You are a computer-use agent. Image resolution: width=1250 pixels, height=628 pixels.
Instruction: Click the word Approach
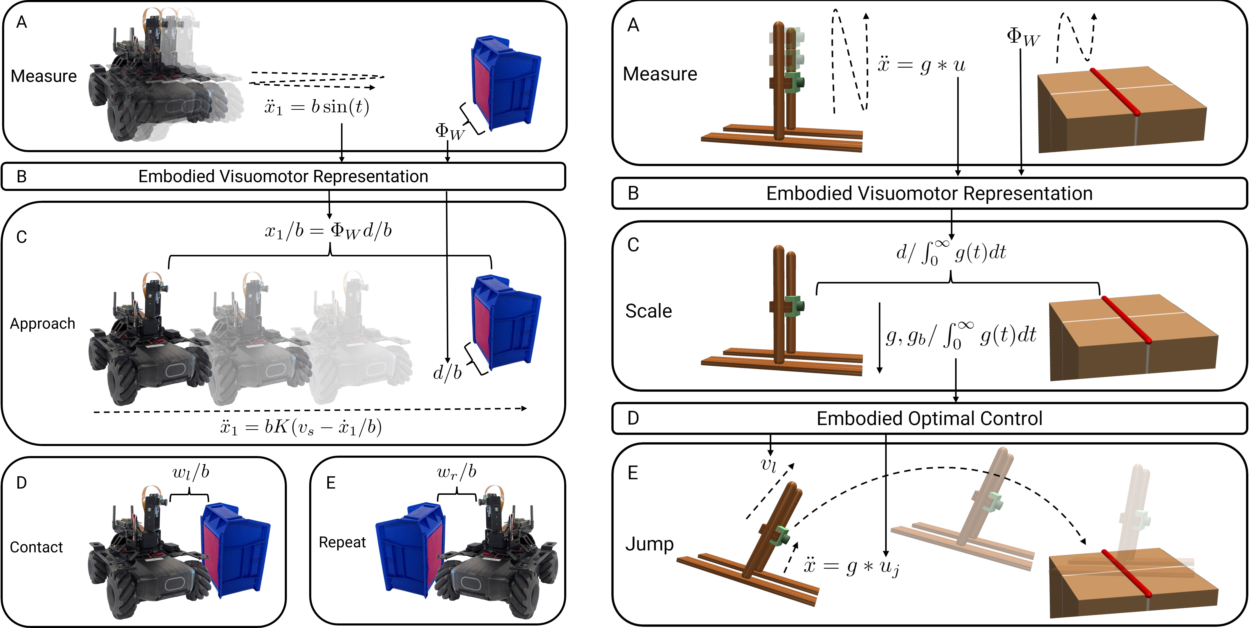click(x=43, y=324)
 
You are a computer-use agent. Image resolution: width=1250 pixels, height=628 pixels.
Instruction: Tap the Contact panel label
click(x=36, y=547)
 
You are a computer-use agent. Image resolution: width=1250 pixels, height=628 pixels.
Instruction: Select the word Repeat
click(x=342, y=542)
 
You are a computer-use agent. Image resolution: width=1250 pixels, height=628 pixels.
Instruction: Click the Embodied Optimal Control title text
click(x=929, y=418)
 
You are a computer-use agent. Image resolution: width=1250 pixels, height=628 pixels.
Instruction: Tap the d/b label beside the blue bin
click(x=447, y=373)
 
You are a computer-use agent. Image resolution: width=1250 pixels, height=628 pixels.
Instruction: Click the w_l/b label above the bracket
click(x=191, y=472)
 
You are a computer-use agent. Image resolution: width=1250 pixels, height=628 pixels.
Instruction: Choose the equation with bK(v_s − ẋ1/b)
click(x=301, y=427)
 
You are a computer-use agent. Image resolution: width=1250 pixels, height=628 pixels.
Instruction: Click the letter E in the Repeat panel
click(x=331, y=483)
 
